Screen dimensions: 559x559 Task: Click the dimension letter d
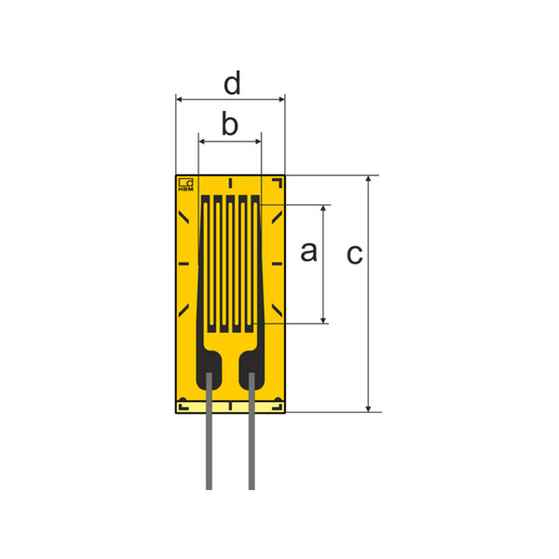pos(232,83)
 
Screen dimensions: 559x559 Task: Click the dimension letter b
pos(230,124)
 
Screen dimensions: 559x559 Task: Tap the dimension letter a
pos(308,252)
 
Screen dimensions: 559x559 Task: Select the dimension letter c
pos(354,254)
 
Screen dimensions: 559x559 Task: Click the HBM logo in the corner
pos(185,184)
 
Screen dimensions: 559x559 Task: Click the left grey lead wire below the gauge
pos(209,431)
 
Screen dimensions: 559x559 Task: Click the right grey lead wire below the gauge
pos(252,431)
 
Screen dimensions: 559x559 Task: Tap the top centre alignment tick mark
pos(230,183)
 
